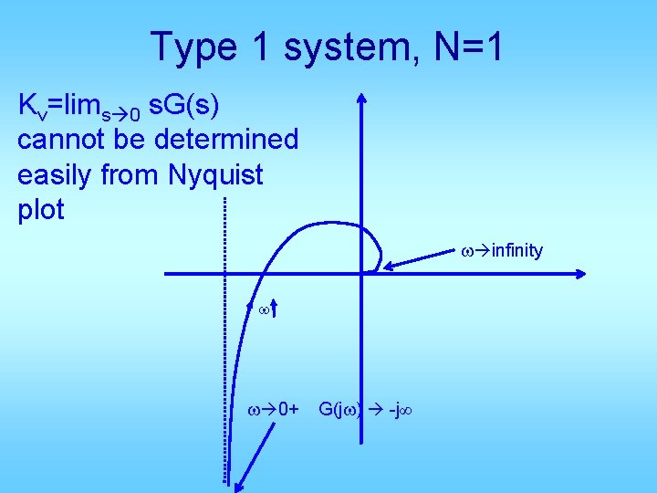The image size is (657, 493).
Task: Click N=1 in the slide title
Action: (x=469, y=47)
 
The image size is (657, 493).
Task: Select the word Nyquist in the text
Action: (x=215, y=174)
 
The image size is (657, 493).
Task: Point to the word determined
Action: (x=226, y=140)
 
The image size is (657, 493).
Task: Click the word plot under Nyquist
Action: (x=41, y=209)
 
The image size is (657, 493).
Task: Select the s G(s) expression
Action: (x=182, y=105)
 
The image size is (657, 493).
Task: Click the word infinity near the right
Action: (x=516, y=250)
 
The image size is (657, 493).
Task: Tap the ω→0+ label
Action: (x=275, y=409)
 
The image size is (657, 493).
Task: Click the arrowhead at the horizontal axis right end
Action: (x=580, y=272)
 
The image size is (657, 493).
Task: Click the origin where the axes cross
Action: (x=361, y=272)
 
